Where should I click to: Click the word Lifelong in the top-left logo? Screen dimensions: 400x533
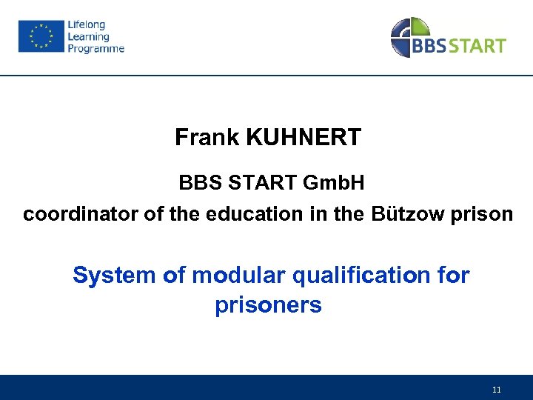click(87, 25)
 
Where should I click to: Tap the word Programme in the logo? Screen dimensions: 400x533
click(95, 48)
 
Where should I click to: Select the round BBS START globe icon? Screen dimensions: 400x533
click(409, 37)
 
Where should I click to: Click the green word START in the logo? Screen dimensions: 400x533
click(477, 46)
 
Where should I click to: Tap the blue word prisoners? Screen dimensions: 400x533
click(268, 304)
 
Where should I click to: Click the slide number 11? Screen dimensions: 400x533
click(496, 390)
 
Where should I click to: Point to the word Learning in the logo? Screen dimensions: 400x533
click(88, 36)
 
